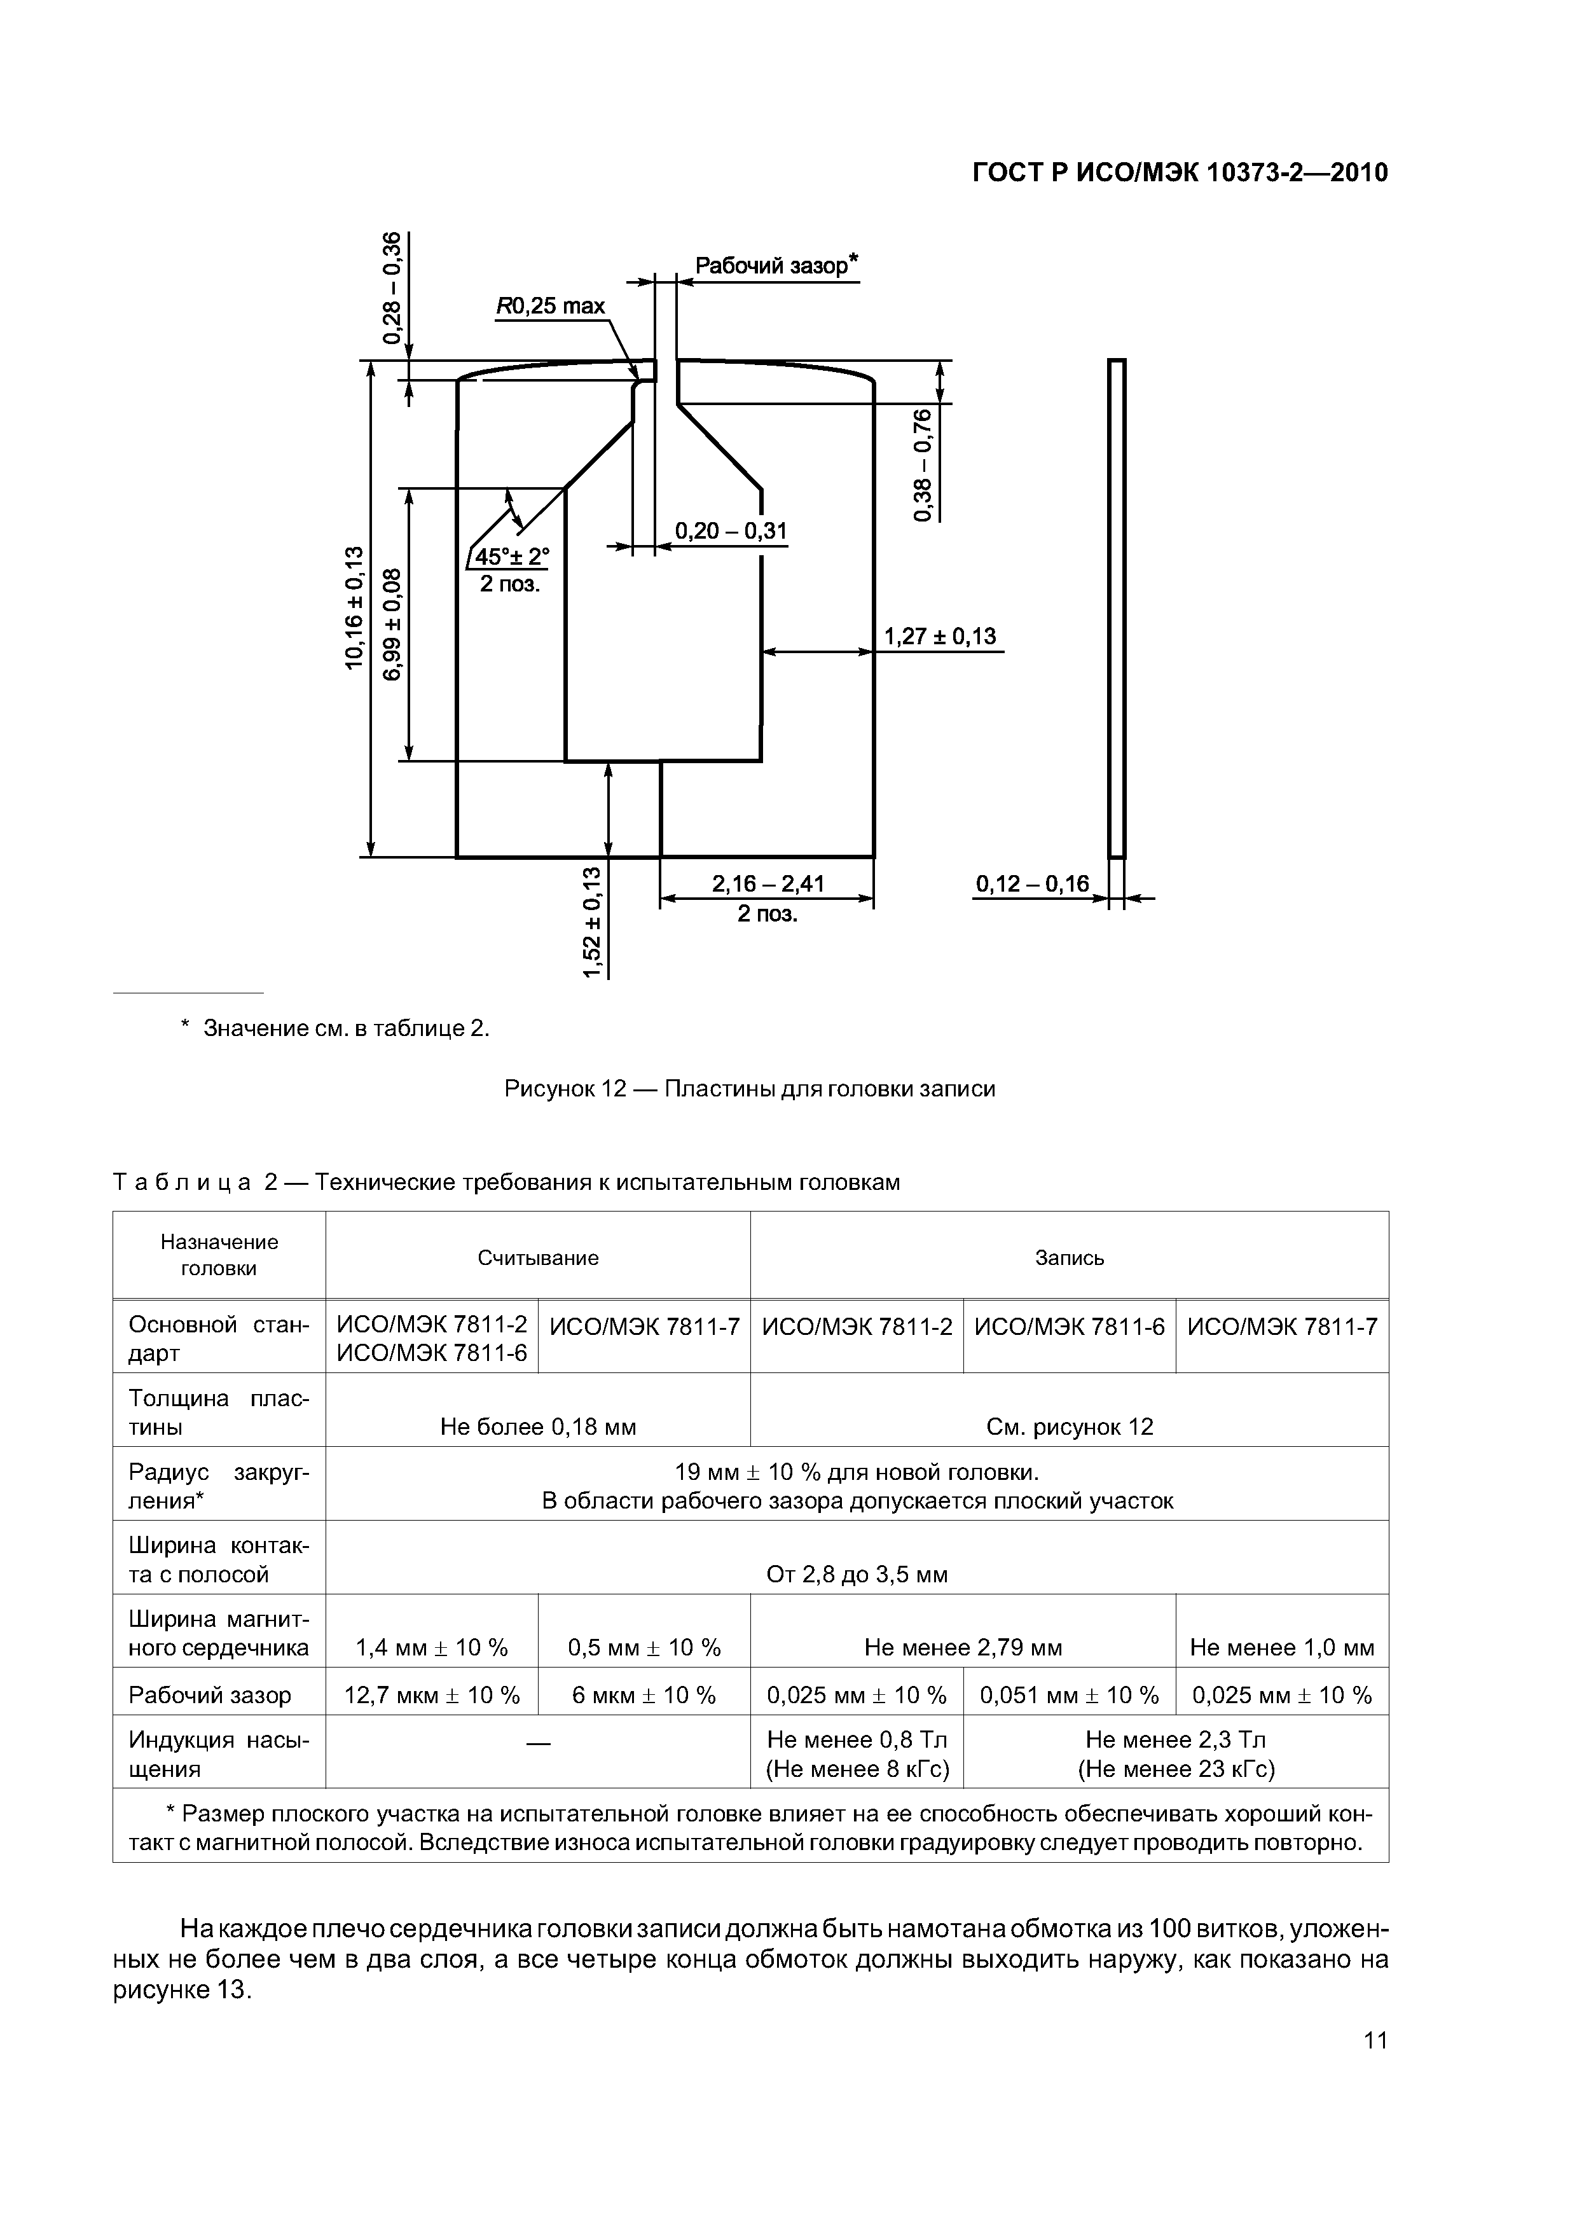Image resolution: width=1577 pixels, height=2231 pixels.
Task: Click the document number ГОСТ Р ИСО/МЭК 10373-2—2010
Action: point(1180,173)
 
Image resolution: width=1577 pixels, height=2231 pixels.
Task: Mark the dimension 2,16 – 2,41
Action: point(768,883)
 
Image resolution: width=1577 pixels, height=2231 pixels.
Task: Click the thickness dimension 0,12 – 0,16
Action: point(1032,883)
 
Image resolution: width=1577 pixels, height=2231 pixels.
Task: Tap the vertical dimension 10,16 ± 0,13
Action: point(355,607)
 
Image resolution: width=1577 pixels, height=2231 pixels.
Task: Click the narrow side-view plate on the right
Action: point(1117,608)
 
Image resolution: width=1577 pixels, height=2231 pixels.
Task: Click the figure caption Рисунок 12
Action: point(749,1088)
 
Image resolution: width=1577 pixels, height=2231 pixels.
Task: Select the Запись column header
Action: point(1069,1257)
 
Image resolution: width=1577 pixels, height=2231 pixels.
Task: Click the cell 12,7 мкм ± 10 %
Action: point(431,1696)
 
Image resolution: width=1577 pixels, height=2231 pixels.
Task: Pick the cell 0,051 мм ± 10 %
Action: point(1069,1696)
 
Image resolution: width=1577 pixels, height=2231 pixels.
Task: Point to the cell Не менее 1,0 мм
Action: point(1281,1647)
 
